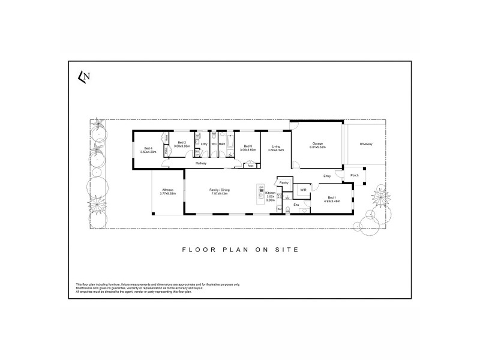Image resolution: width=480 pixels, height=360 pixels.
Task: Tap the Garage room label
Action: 317,143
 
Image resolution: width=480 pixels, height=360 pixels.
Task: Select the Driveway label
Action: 366,144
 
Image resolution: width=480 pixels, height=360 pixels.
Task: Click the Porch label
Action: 355,176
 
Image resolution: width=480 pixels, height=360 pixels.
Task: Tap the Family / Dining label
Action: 220,190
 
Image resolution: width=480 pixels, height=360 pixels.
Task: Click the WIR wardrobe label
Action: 303,190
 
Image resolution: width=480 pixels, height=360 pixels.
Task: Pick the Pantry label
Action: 284,182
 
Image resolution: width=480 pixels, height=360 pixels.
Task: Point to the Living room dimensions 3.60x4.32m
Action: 277,149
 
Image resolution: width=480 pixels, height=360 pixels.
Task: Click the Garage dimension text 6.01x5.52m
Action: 317,147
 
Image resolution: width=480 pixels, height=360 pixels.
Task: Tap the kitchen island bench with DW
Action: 262,195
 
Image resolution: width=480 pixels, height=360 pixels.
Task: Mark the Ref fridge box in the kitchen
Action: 280,209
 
